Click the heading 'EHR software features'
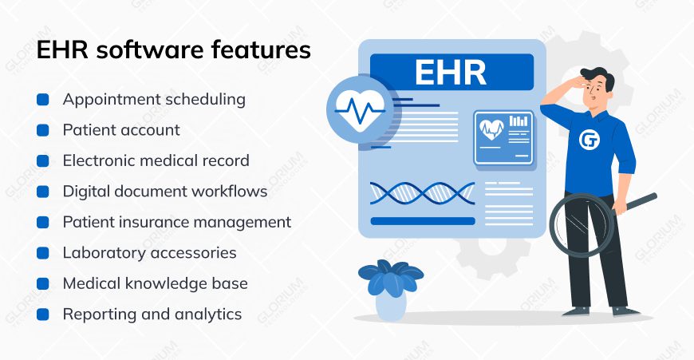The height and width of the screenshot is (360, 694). pyautogui.click(x=174, y=51)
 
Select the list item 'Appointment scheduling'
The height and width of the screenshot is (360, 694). pyautogui.click(x=154, y=100)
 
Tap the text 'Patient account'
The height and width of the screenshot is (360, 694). pyautogui.click(x=121, y=130)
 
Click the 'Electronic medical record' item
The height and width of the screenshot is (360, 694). pyautogui.click(x=156, y=160)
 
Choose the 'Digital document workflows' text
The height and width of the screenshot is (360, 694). pyautogui.click(x=165, y=192)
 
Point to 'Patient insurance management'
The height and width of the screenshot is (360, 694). pyautogui.click(x=176, y=222)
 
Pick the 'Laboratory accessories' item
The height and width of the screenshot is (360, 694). pyautogui.click(x=149, y=253)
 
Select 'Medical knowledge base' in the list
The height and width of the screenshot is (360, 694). pyautogui.click(x=155, y=283)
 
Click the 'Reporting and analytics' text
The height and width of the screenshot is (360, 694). pyautogui.click(x=152, y=315)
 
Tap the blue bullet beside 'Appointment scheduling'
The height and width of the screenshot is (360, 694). pyautogui.click(x=43, y=100)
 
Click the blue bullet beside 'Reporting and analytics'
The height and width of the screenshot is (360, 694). pyautogui.click(x=43, y=315)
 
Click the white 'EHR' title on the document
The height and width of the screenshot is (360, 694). pyautogui.click(x=451, y=72)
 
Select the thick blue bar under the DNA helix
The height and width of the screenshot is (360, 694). pyautogui.click(x=423, y=221)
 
